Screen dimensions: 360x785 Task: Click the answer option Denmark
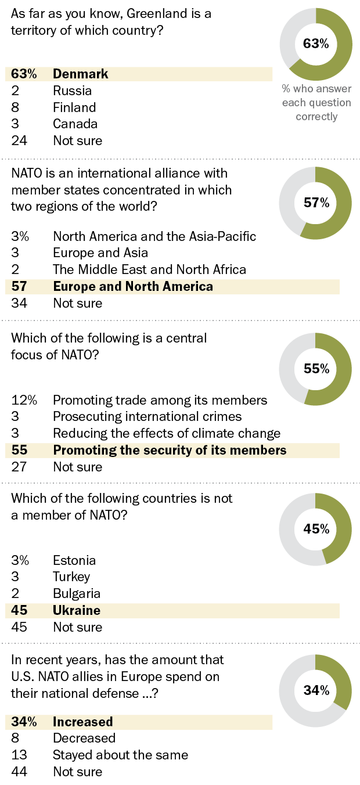(81, 74)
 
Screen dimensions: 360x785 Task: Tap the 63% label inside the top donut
(316, 44)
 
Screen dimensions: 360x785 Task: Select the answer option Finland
(74, 107)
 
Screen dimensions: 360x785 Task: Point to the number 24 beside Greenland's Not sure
(19, 141)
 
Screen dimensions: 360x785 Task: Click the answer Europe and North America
(133, 286)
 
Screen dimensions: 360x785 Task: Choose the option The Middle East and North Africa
(149, 269)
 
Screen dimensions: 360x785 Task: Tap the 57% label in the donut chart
(316, 203)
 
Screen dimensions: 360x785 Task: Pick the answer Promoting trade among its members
(160, 400)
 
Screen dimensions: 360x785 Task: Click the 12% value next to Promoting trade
(24, 400)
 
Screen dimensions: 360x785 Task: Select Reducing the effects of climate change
(167, 434)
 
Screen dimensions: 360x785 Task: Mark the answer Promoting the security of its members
(170, 451)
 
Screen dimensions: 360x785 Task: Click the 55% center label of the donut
(316, 369)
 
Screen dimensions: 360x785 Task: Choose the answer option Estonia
(74, 560)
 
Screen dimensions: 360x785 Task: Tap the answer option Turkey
(71, 577)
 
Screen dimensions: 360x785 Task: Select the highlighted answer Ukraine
(77, 610)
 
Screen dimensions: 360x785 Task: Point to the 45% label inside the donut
(316, 529)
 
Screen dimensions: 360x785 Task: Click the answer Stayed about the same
(121, 755)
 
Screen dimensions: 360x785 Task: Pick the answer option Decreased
(84, 738)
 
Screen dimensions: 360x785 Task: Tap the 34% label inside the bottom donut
(316, 690)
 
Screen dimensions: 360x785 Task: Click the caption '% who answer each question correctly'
(316, 103)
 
